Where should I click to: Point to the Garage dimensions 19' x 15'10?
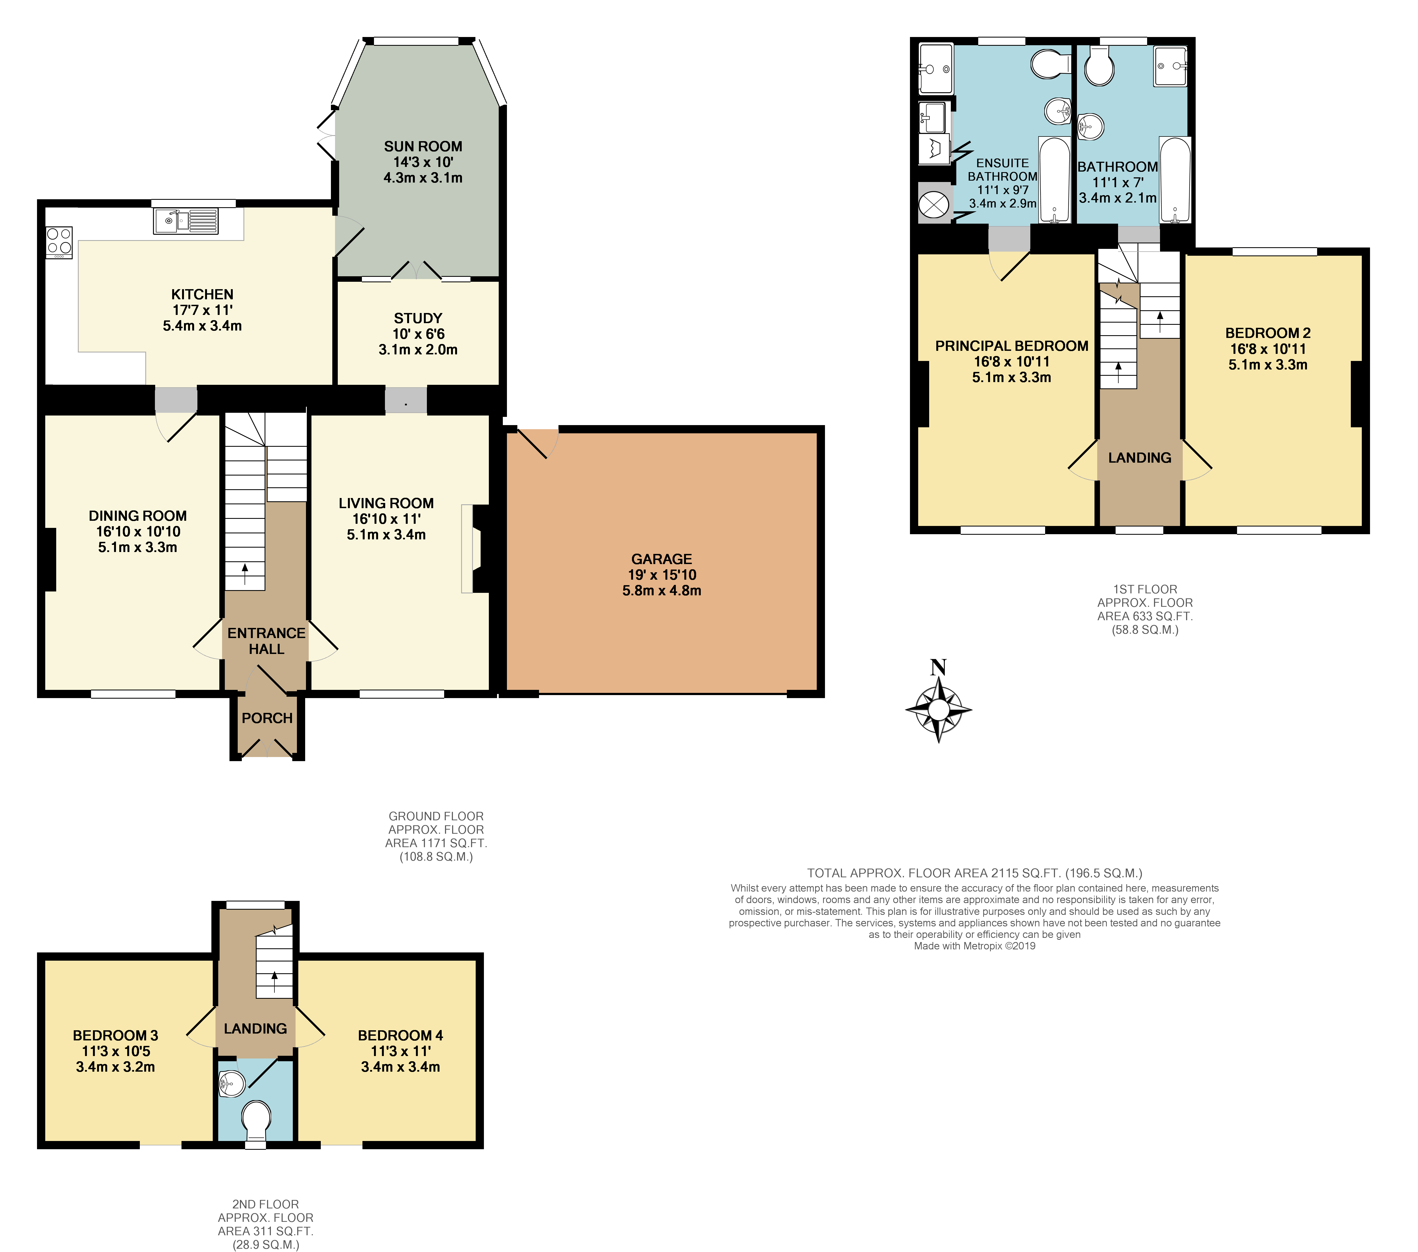(x=661, y=575)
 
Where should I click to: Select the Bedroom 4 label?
(x=400, y=1035)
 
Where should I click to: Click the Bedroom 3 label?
(x=115, y=1035)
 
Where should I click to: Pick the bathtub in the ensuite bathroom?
(x=1054, y=180)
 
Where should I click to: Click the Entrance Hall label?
(x=266, y=641)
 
